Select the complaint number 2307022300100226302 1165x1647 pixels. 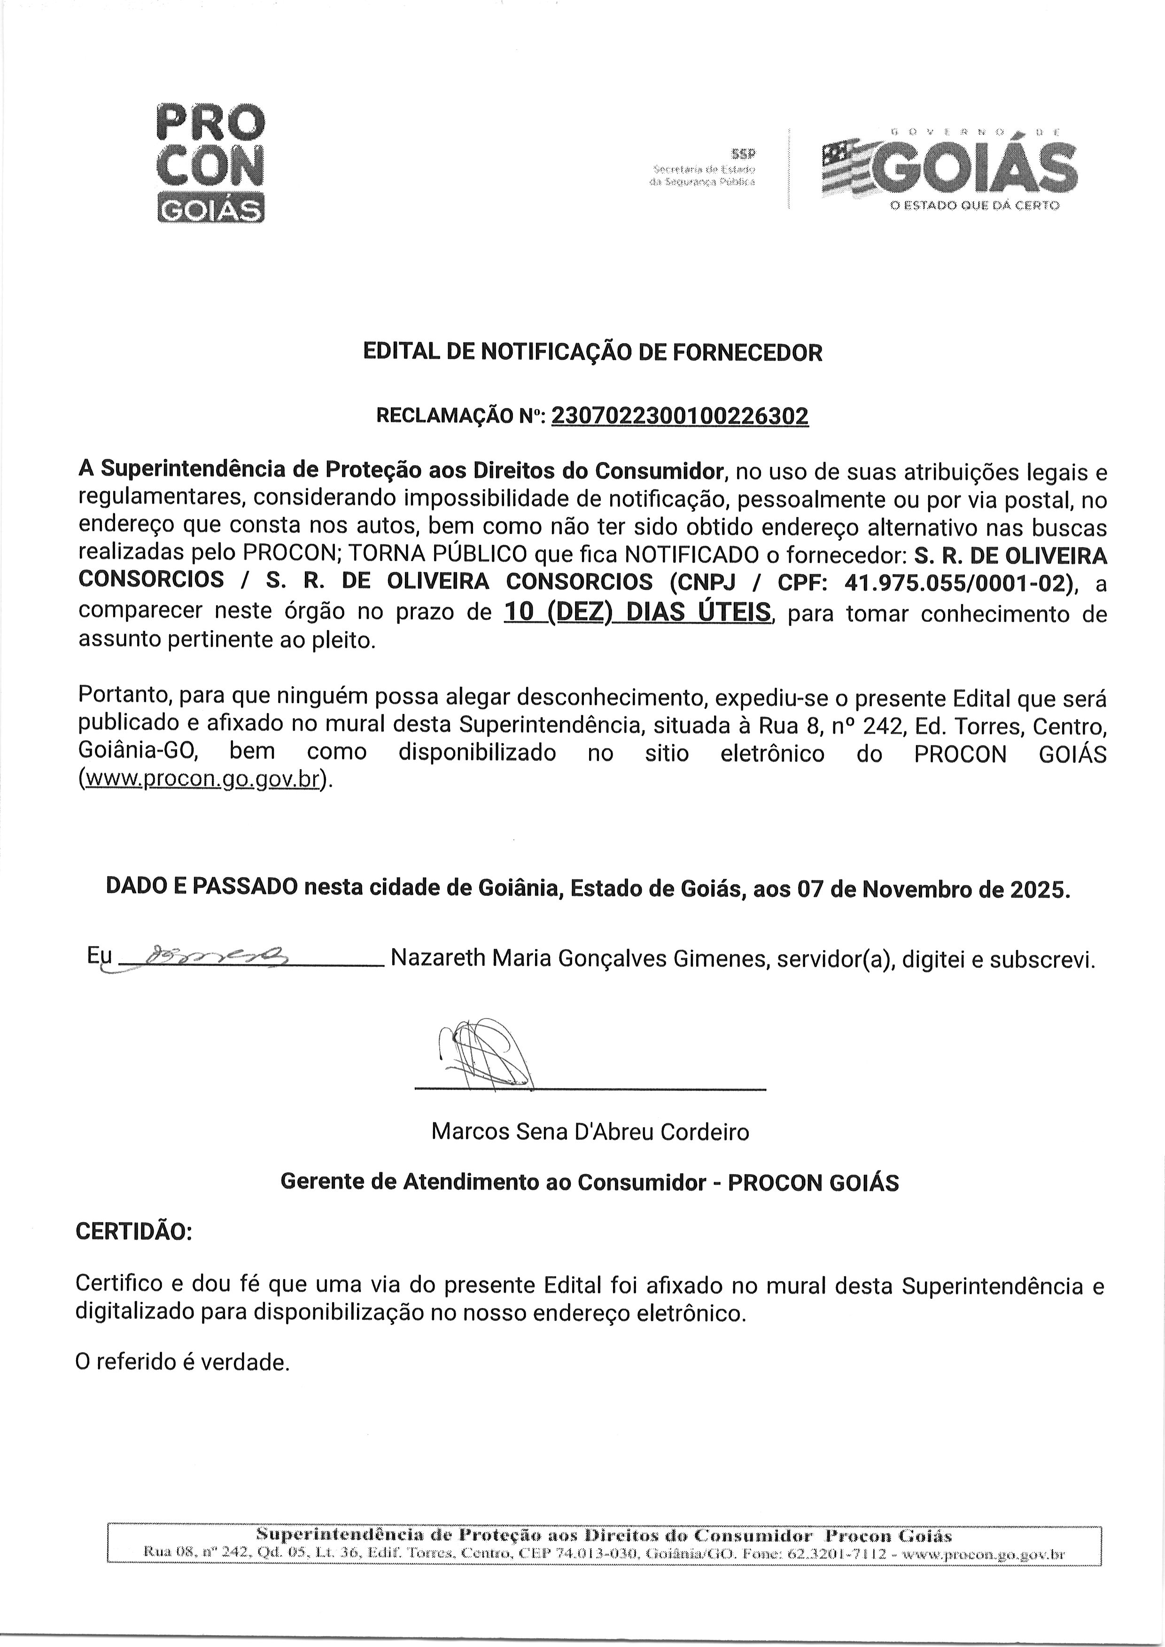(x=679, y=416)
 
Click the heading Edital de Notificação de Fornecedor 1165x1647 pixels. (x=592, y=353)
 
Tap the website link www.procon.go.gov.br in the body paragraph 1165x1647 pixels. (x=201, y=779)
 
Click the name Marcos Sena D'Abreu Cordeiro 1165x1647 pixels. (x=590, y=1132)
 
